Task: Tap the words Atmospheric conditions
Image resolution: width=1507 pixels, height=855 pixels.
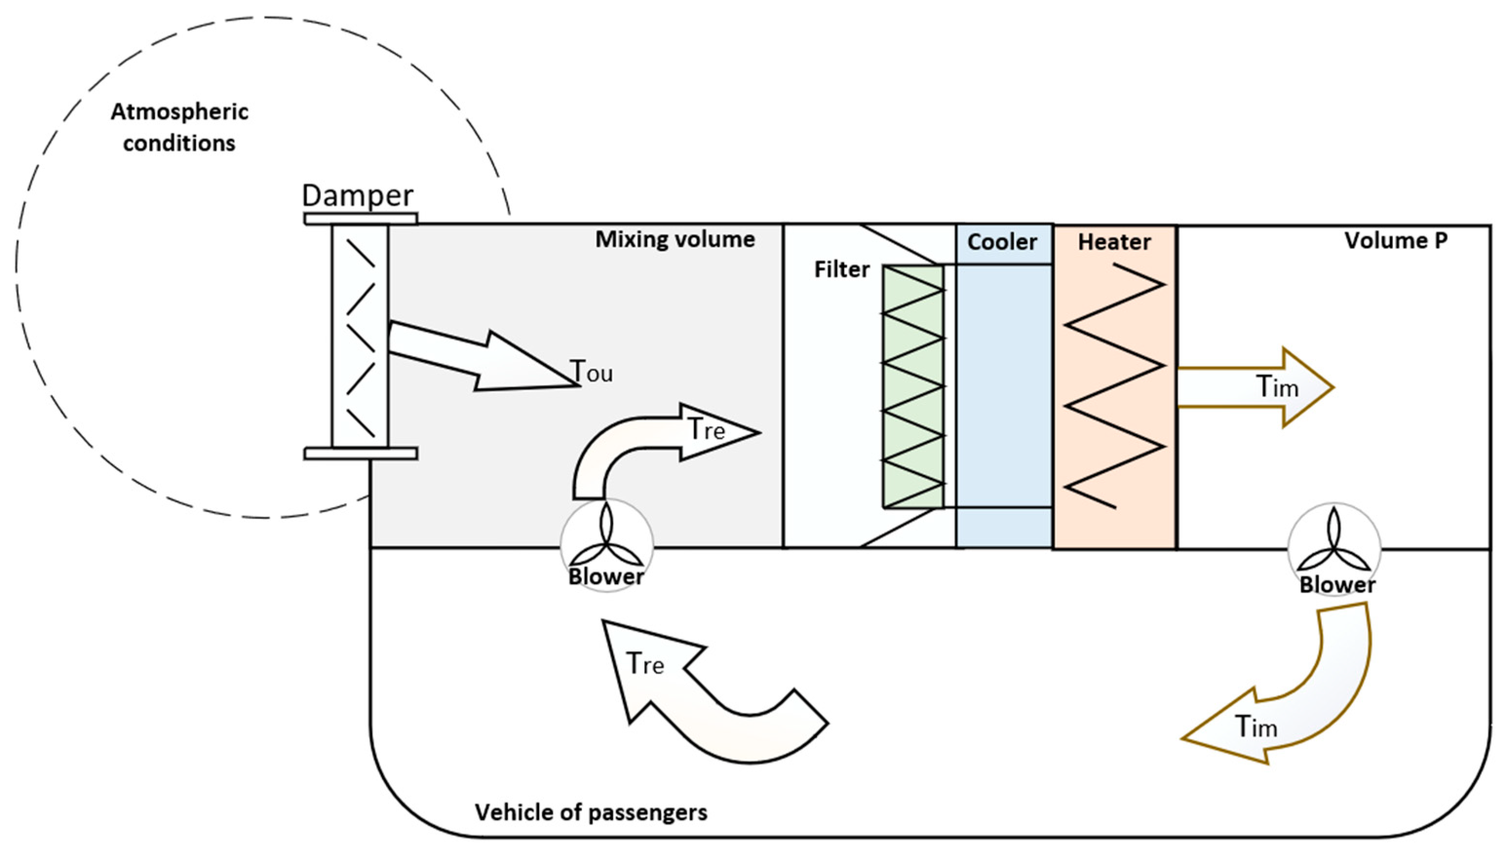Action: (x=179, y=128)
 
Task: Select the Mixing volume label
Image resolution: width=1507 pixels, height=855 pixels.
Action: (x=675, y=240)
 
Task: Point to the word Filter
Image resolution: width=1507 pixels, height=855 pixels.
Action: (x=841, y=269)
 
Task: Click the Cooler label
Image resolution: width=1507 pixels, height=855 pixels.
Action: (x=1002, y=242)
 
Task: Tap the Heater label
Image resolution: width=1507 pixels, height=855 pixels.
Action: (x=1114, y=242)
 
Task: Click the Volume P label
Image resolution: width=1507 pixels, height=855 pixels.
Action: (x=1395, y=240)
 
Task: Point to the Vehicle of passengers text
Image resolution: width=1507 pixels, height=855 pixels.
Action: (x=591, y=812)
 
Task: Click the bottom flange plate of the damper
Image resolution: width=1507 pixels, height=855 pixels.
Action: (x=361, y=454)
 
